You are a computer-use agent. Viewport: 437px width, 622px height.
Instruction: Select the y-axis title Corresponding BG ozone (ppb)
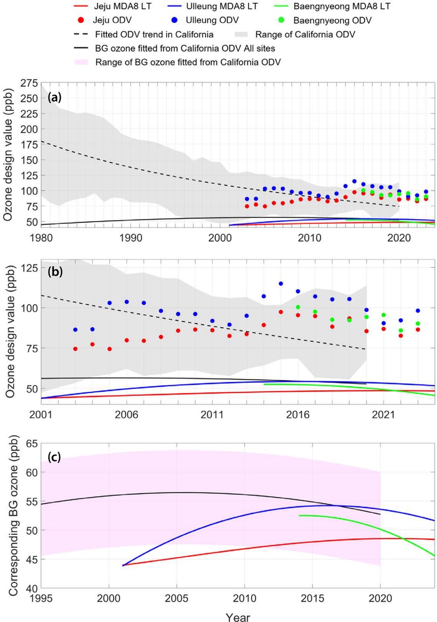[11, 516]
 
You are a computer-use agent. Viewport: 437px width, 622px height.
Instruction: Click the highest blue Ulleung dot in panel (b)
[281, 283]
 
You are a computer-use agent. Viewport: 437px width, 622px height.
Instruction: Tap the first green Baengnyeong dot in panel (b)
[298, 307]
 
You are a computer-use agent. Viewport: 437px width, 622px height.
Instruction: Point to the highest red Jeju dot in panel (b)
[281, 312]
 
